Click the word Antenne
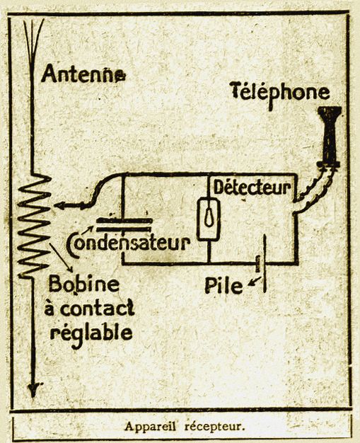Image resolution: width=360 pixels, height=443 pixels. click(x=83, y=74)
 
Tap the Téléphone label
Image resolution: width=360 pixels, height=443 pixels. click(x=280, y=93)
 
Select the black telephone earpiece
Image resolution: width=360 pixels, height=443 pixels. click(x=329, y=137)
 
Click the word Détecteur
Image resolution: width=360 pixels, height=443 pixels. click(x=252, y=187)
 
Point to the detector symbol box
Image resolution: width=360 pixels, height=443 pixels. click(x=209, y=219)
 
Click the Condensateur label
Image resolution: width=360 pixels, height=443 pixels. click(x=127, y=243)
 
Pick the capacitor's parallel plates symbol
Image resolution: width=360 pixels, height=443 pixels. click(x=124, y=224)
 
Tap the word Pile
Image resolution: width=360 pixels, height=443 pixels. click(x=223, y=285)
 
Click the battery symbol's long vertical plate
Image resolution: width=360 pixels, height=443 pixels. click(x=265, y=263)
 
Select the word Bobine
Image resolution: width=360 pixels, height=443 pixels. click(x=84, y=284)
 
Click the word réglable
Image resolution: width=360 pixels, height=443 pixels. click(x=91, y=333)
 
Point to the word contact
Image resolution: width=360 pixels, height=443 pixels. click(x=97, y=309)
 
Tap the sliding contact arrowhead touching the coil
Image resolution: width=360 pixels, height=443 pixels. click(x=59, y=206)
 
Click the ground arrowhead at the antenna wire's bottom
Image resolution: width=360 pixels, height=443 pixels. click(x=34, y=390)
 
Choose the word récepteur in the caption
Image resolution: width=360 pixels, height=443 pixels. click(x=214, y=427)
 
